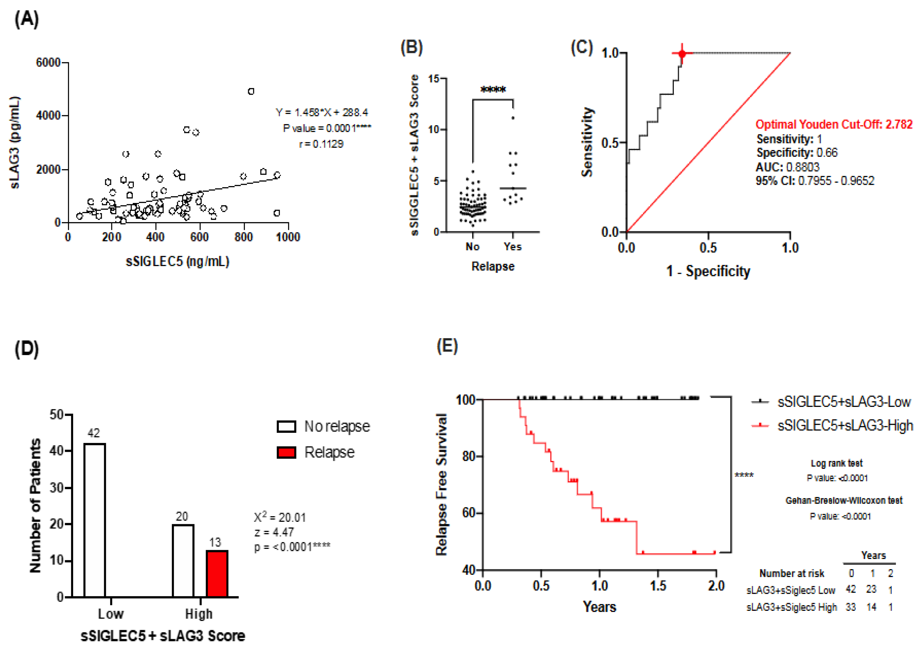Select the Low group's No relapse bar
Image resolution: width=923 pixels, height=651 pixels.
pos(95,520)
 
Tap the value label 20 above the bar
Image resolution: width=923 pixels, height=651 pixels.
pos(182,516)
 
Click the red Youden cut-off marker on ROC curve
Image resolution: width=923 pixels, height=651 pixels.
pos(682,54)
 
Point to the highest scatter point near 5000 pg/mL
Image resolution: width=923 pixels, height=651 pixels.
pos(251,92)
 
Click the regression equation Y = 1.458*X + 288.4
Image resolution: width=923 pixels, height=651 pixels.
pos(322,112)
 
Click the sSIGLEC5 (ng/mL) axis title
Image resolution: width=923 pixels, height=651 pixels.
pos(177,261)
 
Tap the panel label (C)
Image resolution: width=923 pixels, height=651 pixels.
pos(582,47)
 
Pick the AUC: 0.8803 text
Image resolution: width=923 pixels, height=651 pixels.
pos(787,167)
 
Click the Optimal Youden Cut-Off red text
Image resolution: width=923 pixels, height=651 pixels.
pos(834,124)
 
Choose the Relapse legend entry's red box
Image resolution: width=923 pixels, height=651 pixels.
pos(286,452)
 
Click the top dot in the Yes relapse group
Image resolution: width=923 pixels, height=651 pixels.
pos(513,118)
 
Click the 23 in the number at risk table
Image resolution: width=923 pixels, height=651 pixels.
pos(871,589)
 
